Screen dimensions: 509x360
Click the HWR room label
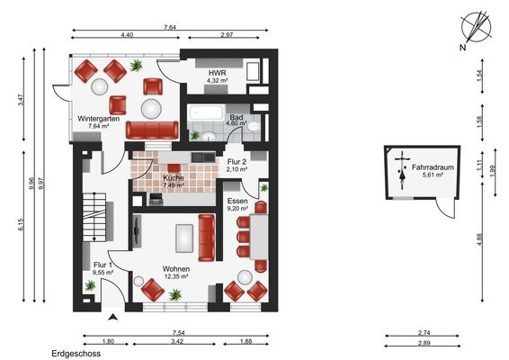click(x=217, y=73)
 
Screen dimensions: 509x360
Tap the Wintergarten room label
click(x=98, y=119)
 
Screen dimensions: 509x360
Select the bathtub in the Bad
click(x=206, y=112)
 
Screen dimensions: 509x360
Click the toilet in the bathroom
click(x=254, y=127)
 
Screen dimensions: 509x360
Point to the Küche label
click(x=174, y=178)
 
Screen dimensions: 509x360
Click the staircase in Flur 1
click(x=94, y=217)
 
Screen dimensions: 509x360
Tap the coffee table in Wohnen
click(x=184, y=238)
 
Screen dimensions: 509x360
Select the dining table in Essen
click(x=259, y=237)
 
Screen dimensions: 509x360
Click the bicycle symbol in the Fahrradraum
click(x=403, y=170)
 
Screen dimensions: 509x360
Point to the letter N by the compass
click(x=462, y=48)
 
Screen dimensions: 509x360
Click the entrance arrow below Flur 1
click(x=112, y=317)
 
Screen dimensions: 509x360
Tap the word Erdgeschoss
click(x=76, y=354)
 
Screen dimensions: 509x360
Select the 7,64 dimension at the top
click(x=170, y=27)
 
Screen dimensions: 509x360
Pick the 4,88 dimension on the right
click(x=480, y=239)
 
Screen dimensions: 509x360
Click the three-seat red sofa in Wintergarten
click(x=152, y=130)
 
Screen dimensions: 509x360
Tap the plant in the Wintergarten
click(x=137, y=66)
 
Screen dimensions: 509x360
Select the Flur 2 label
click(x=237, y=162)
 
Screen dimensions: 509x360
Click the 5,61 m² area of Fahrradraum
click(x=433, y=175)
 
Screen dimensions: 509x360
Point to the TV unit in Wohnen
click(x=137, y=230)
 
